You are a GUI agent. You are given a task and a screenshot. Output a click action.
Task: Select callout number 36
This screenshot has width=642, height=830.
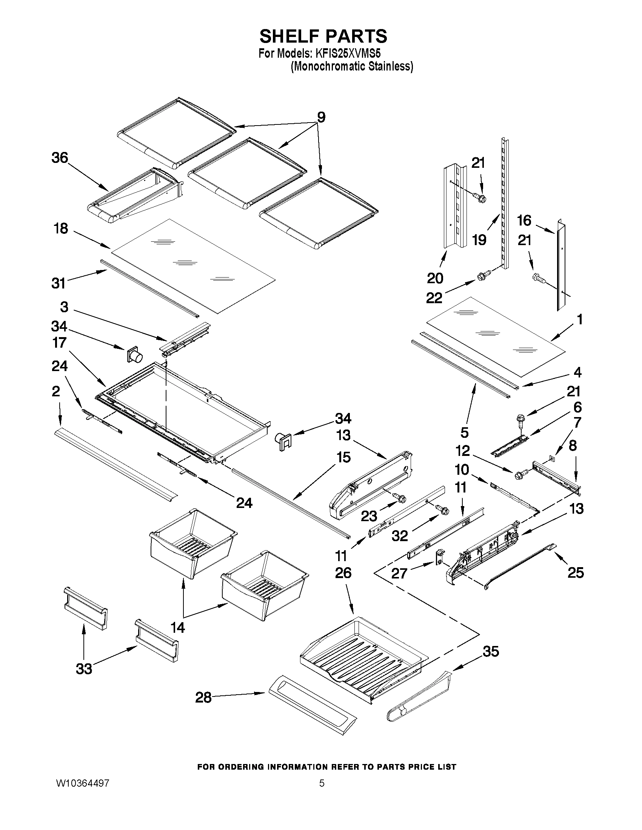pos(60,158)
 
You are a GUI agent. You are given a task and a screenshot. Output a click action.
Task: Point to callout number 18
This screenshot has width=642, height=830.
pos(61,229)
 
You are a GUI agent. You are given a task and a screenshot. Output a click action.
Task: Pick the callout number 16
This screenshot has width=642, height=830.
pos(524,221)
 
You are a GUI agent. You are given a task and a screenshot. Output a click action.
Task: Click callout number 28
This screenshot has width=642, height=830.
pos(203,697)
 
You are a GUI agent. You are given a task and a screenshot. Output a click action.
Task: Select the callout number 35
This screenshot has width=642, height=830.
pos(491,651)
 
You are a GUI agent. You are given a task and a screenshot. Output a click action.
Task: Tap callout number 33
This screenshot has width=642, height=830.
pos(84,669)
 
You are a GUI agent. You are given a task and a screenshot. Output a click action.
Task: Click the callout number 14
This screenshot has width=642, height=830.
pos(178,627)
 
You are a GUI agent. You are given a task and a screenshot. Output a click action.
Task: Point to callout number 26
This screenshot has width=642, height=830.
pos(343,573)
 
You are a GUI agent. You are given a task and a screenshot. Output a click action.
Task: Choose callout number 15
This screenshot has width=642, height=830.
pos(343,457)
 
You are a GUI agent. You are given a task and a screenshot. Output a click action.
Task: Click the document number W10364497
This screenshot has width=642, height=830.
pos(83,783)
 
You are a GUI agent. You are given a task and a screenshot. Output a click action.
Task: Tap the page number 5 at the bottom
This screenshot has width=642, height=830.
pos(322,783)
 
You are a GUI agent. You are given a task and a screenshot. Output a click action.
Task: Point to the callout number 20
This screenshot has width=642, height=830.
pos(435,278)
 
